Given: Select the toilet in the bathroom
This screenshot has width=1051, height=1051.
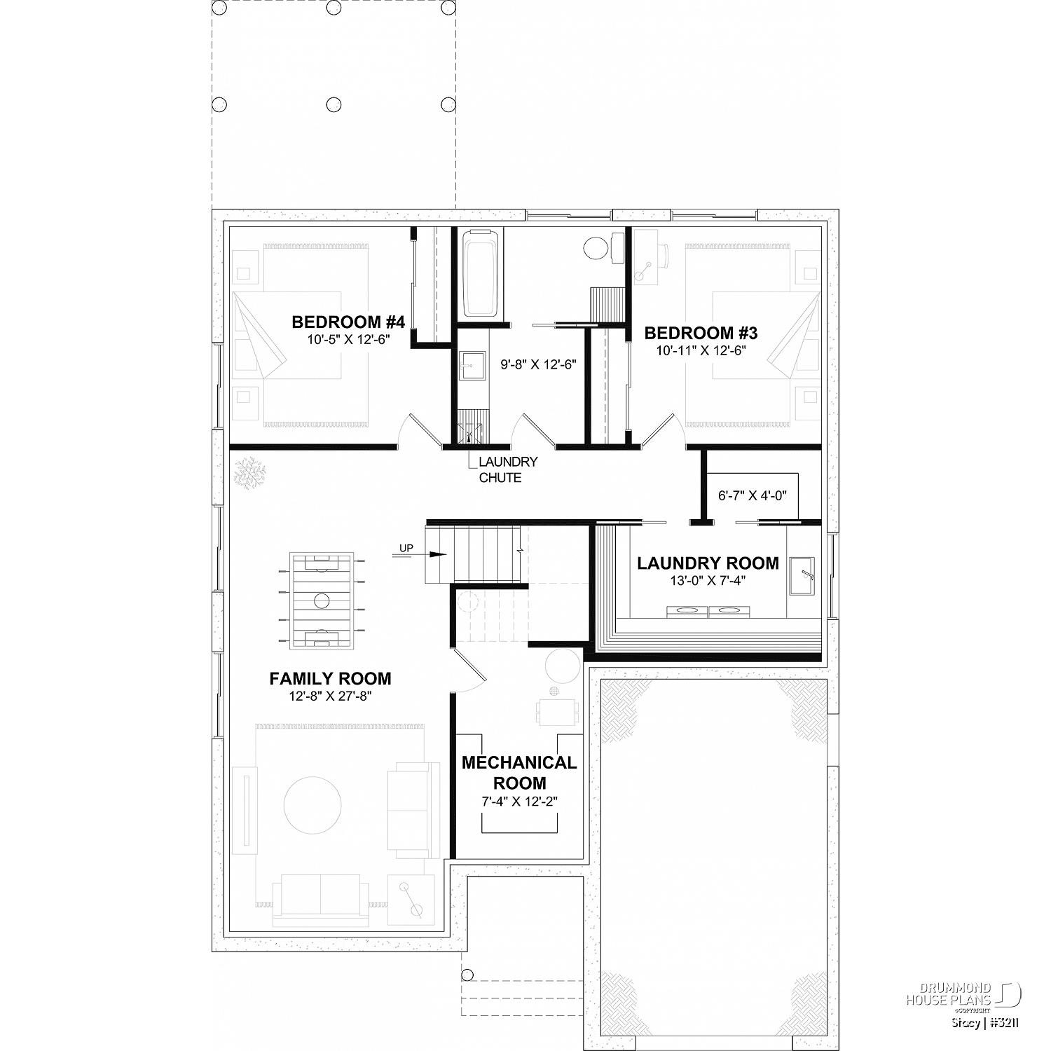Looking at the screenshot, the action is (x=603, y=247).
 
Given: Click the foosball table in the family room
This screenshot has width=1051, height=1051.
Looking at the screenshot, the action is (x=322, y=600).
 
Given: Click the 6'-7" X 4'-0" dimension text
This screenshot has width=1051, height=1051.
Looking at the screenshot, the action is (x=753, y=495).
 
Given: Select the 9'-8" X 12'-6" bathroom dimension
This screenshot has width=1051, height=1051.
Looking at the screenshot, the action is (x=538, y=364).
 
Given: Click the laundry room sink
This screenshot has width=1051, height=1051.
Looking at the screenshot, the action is (x=802, y=577).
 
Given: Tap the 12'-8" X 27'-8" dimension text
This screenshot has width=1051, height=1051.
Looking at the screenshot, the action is (x=330, y=696).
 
